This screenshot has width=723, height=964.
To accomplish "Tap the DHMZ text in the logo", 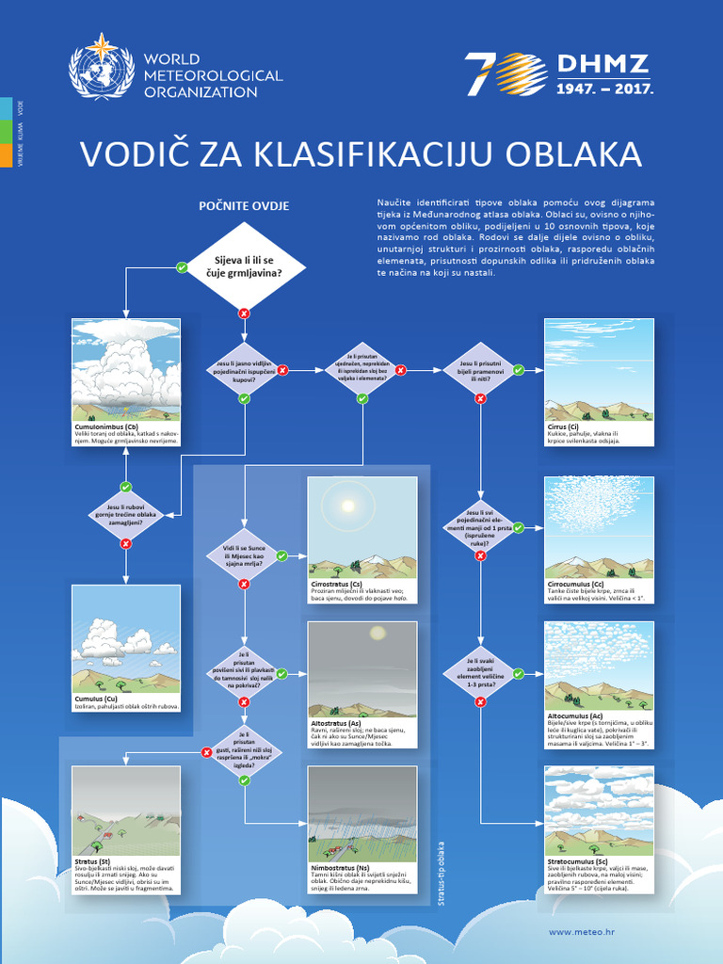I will pyautogui.click(x=603, y=65).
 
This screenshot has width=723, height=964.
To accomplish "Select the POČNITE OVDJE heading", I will pyautogui.click(x=244, y=205).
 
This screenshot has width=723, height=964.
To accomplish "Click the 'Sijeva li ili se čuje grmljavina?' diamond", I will pyautogui.click(x=244, y=265).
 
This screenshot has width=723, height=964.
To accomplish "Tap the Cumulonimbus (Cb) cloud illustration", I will pyautogui.click(x=126, y=369).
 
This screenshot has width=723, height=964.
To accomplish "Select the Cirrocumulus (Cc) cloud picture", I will pyautogui.click(x=599, y=526).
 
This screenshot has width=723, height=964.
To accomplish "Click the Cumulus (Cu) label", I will pyautogui.click(x=96, y=699).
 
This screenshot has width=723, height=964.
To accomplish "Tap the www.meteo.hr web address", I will pyautogui.click(x=582, y=931).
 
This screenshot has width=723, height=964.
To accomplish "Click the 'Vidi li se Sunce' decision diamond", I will pyautogui.click(x=244, y=556).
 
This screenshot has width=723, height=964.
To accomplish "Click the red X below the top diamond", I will pyautogui.click(x=244, y=313).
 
